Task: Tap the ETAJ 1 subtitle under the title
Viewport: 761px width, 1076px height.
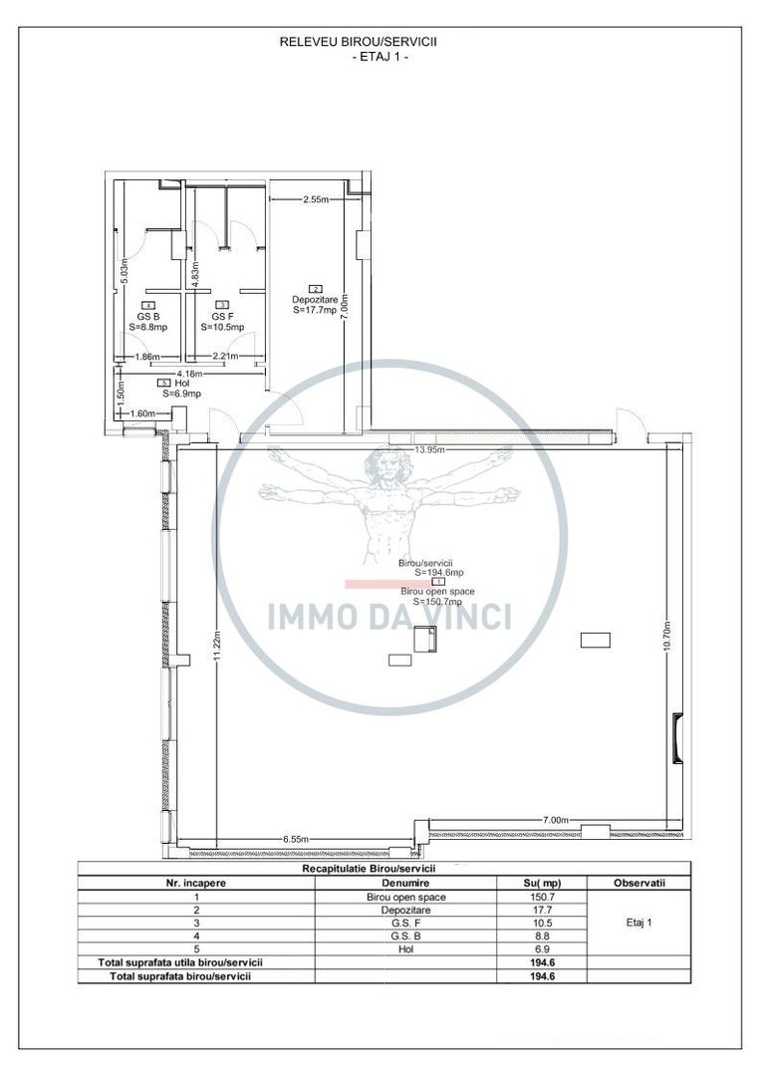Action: point(380,57)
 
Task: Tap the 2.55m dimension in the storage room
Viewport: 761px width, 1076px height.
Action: point(317,200)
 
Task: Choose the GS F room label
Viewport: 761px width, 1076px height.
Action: point(222,316)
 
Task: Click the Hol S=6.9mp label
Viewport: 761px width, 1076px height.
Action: point(180,388)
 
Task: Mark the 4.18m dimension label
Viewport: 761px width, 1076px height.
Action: point(189,374)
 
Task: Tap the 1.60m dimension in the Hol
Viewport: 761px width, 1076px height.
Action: point(144,413)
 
